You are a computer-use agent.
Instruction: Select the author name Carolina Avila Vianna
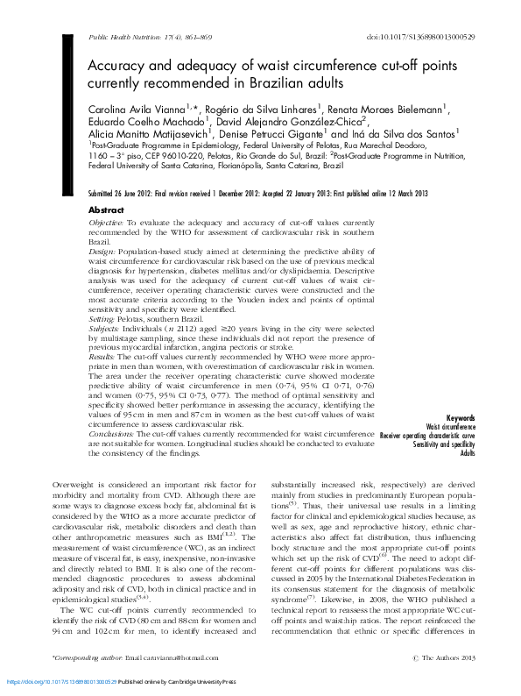pos(146,109)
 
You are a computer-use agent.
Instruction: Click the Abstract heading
pos(107,211)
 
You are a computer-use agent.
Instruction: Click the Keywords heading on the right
pos(461,418)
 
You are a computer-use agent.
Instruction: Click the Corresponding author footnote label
pos(88,657)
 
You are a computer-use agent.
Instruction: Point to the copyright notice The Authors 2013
pos(447,657)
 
